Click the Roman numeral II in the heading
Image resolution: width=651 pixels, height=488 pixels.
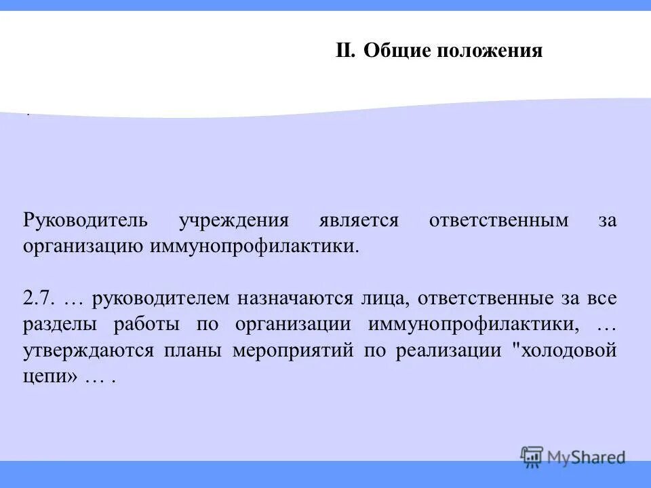point(346,51)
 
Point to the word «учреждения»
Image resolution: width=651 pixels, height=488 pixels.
point(234,222)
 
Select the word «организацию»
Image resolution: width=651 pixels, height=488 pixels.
point(82,245)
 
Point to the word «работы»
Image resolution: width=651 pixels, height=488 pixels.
point(155,325)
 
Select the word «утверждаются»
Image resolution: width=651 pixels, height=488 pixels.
point(90,351)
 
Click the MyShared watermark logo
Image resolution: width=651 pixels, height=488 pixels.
point(573,457)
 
